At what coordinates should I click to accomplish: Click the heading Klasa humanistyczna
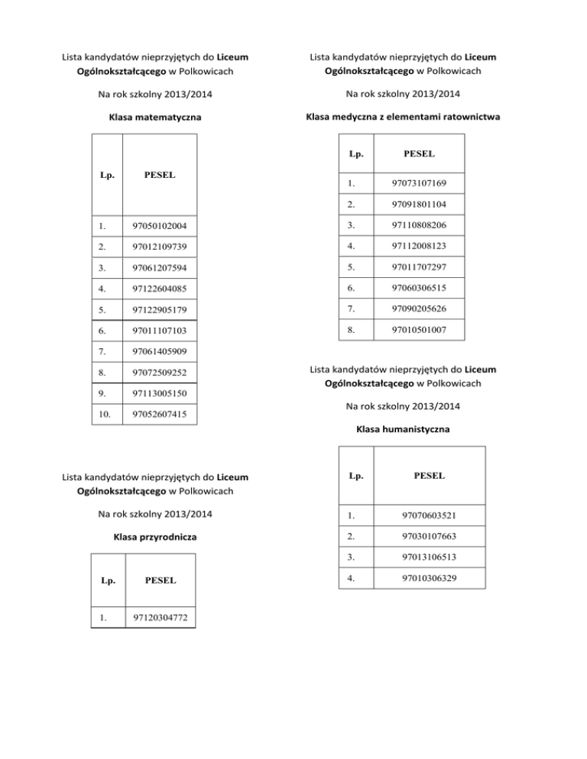[403, 429]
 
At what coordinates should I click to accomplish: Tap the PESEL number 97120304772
[160, 616]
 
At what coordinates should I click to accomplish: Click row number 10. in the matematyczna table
[105, 415]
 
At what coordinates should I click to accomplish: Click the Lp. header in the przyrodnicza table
[108, 580]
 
